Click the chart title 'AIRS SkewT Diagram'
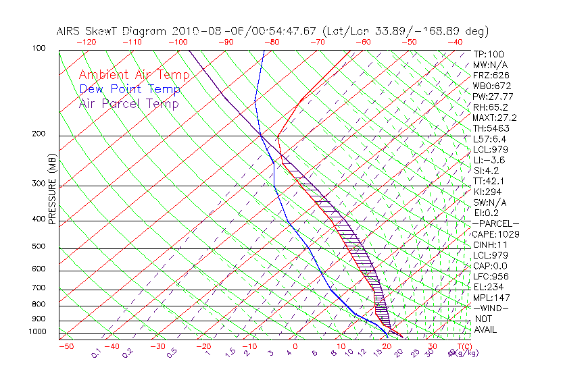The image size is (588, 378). (112, 32)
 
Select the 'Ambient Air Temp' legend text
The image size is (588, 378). (134, 75)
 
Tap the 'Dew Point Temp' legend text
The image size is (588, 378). (130, 89)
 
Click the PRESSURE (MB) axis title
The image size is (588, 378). (52, 190)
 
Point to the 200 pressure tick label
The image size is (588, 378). (38, 134)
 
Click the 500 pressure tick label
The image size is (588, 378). (38, 247)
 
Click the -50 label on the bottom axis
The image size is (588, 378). (66, 346)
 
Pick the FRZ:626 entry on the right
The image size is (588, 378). (489, 75)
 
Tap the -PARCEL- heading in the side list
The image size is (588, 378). (495, 223)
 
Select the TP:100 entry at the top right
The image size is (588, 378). (488, 54)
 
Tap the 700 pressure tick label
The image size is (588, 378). (38, 289)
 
